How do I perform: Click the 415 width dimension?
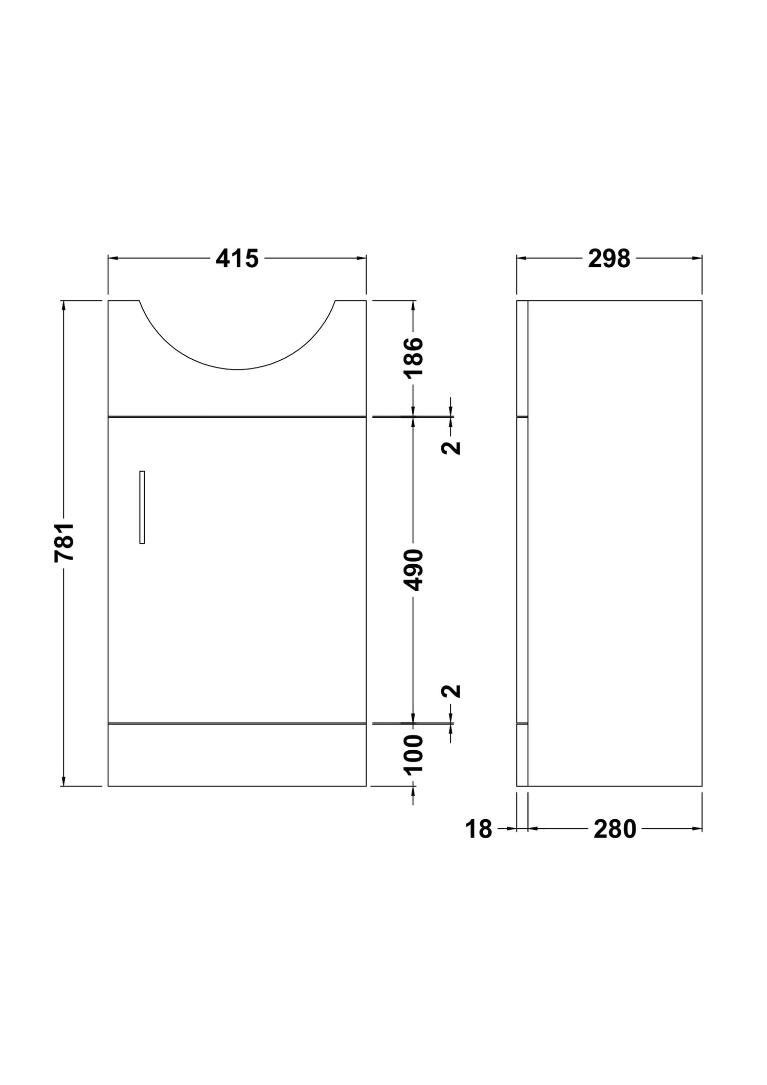[237, 259]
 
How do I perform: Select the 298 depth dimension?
[609, 259]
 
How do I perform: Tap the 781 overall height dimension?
[65, 542]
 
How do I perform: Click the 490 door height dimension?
[414, 570]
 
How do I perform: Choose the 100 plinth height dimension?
[414, 755]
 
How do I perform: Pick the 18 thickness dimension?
[478, 829]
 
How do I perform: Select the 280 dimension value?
[615, 829]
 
